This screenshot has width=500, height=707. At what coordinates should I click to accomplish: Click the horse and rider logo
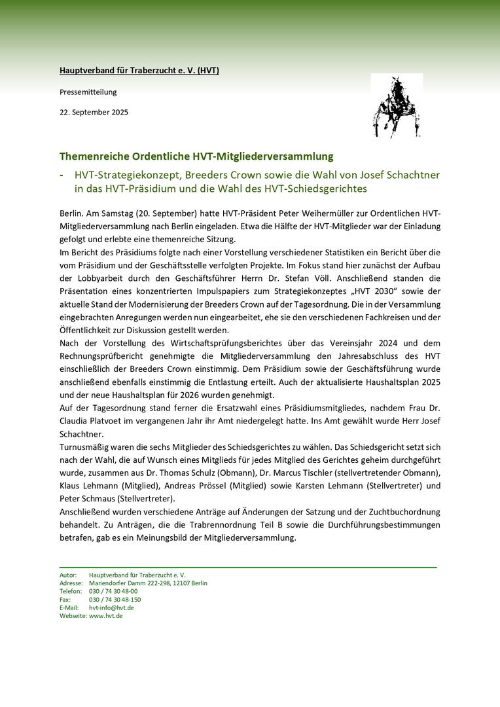click(396, 106)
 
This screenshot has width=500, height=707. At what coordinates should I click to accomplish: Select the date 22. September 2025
click(94, 112)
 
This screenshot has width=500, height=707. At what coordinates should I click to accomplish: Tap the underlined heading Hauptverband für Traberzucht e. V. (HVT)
click(139, 70)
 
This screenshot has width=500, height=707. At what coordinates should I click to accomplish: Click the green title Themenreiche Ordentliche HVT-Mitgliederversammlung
click(196, 156)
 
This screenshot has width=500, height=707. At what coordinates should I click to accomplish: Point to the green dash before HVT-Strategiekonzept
click(62, 175)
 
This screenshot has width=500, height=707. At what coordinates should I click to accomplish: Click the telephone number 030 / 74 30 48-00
click(113, 591)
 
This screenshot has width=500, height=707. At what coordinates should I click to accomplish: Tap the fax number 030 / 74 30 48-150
click(115, 599)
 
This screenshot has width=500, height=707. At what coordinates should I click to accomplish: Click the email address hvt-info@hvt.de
click(111, 607)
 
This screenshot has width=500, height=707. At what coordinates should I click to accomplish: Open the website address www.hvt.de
click(106, 616)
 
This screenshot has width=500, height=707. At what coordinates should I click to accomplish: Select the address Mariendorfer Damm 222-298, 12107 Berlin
click(148, 583)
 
